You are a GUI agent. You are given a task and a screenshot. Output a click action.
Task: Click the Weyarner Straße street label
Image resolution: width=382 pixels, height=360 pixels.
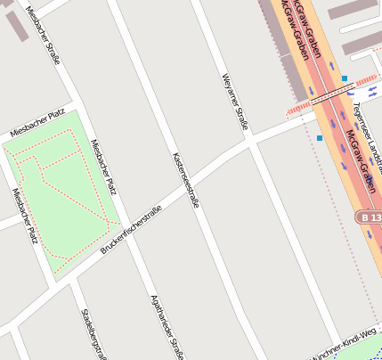point(233,102)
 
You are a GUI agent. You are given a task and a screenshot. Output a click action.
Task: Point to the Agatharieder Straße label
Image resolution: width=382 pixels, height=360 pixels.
point(167,326)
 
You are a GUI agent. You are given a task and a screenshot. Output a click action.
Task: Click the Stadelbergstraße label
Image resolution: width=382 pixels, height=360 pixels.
point(93,334)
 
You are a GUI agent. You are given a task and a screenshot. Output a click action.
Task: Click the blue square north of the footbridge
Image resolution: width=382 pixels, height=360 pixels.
point(345,79)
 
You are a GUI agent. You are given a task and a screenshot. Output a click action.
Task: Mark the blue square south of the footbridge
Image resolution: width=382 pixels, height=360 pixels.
point(319,138)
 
